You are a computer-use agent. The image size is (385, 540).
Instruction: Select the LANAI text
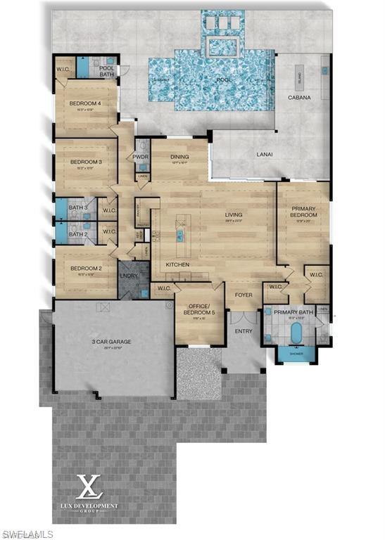[264, 154]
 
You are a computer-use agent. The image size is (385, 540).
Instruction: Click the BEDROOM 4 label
[85, 103]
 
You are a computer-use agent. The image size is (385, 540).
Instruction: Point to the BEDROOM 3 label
[86, 161]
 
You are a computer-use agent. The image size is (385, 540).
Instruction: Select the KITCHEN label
[177, 264]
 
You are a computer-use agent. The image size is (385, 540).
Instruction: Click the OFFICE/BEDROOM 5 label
[198, 309]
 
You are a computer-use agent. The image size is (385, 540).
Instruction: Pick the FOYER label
[243, 296]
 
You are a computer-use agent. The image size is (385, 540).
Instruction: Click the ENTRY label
[243, 330]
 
